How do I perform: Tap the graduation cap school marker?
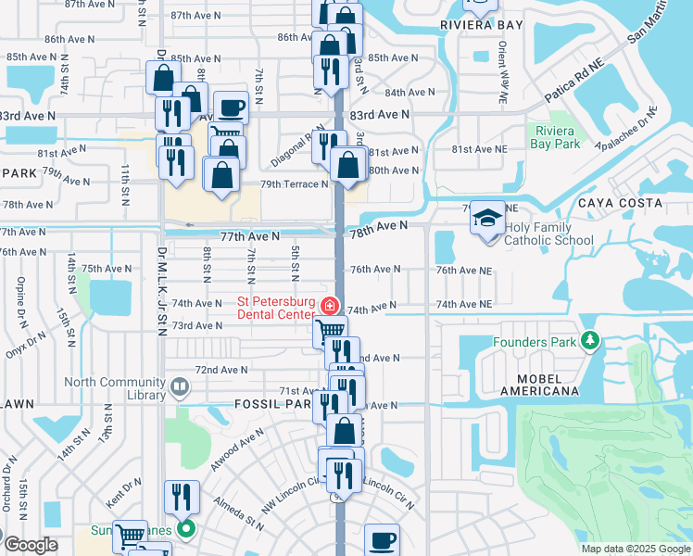[x=488, y=219]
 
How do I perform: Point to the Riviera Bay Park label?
[x=556, y=137]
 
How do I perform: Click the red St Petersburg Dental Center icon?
[x=328, y=306]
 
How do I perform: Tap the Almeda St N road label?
[x=238, y=515]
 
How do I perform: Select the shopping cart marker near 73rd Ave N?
[x=330, y=331]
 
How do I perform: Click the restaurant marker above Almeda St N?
[x=182, y=496]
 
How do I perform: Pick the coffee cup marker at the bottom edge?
[x=381, y=539]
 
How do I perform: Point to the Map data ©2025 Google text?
[x=636, y=549]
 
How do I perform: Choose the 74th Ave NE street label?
[x=463, y=304]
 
